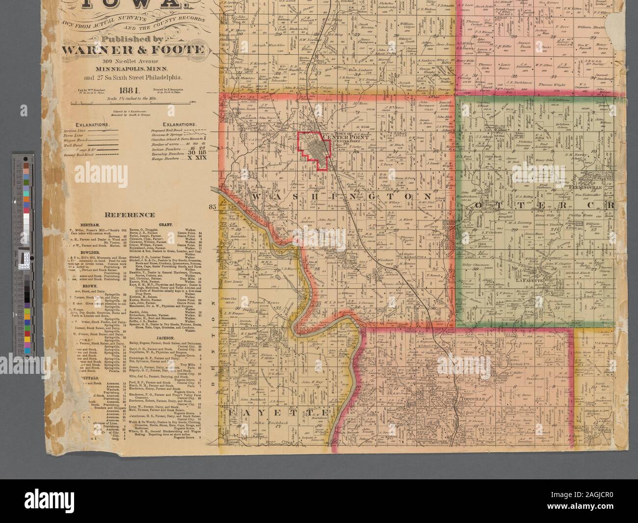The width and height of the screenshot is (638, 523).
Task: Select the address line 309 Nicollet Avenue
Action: [129, 61]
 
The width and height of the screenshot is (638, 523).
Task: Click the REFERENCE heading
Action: [132, 215]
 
